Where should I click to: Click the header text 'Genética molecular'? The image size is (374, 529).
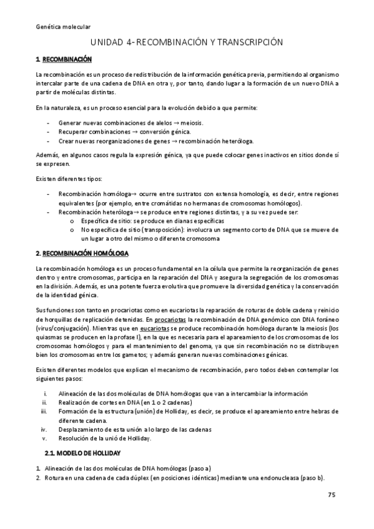click(x=64, y=27)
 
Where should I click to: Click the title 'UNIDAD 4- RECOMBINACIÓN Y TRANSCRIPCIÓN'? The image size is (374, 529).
click(x=187, y=42)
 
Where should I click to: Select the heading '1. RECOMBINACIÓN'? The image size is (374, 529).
click(x=64, y=59)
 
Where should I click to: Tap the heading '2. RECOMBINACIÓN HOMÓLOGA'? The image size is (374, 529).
click(x=82, y=253)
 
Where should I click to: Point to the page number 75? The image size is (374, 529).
click(x=332, y=495)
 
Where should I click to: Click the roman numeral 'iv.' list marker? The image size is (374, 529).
click(x=44, y=429)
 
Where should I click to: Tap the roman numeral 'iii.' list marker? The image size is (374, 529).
click(x=44, y=411)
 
